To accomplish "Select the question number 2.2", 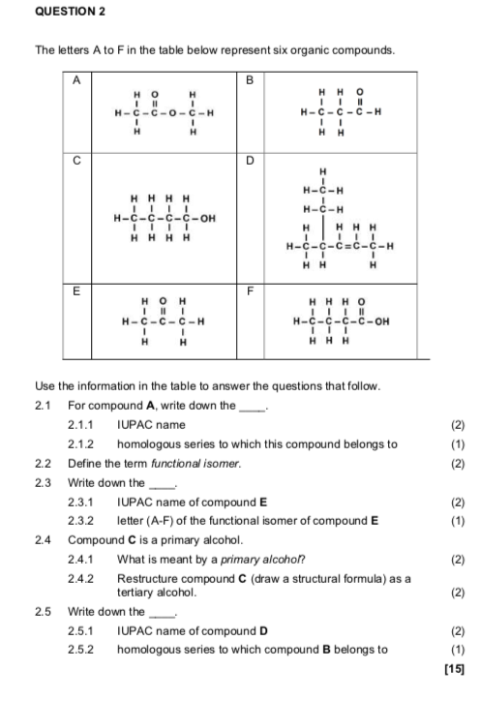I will pyautogui.click(x=42, y=464).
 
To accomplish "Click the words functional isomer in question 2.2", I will pyautogui.click(x=205, y=464).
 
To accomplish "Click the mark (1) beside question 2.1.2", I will pyautogui.click(x=458, y=444).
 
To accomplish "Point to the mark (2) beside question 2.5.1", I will pyautogui.click(x=458, y=631).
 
